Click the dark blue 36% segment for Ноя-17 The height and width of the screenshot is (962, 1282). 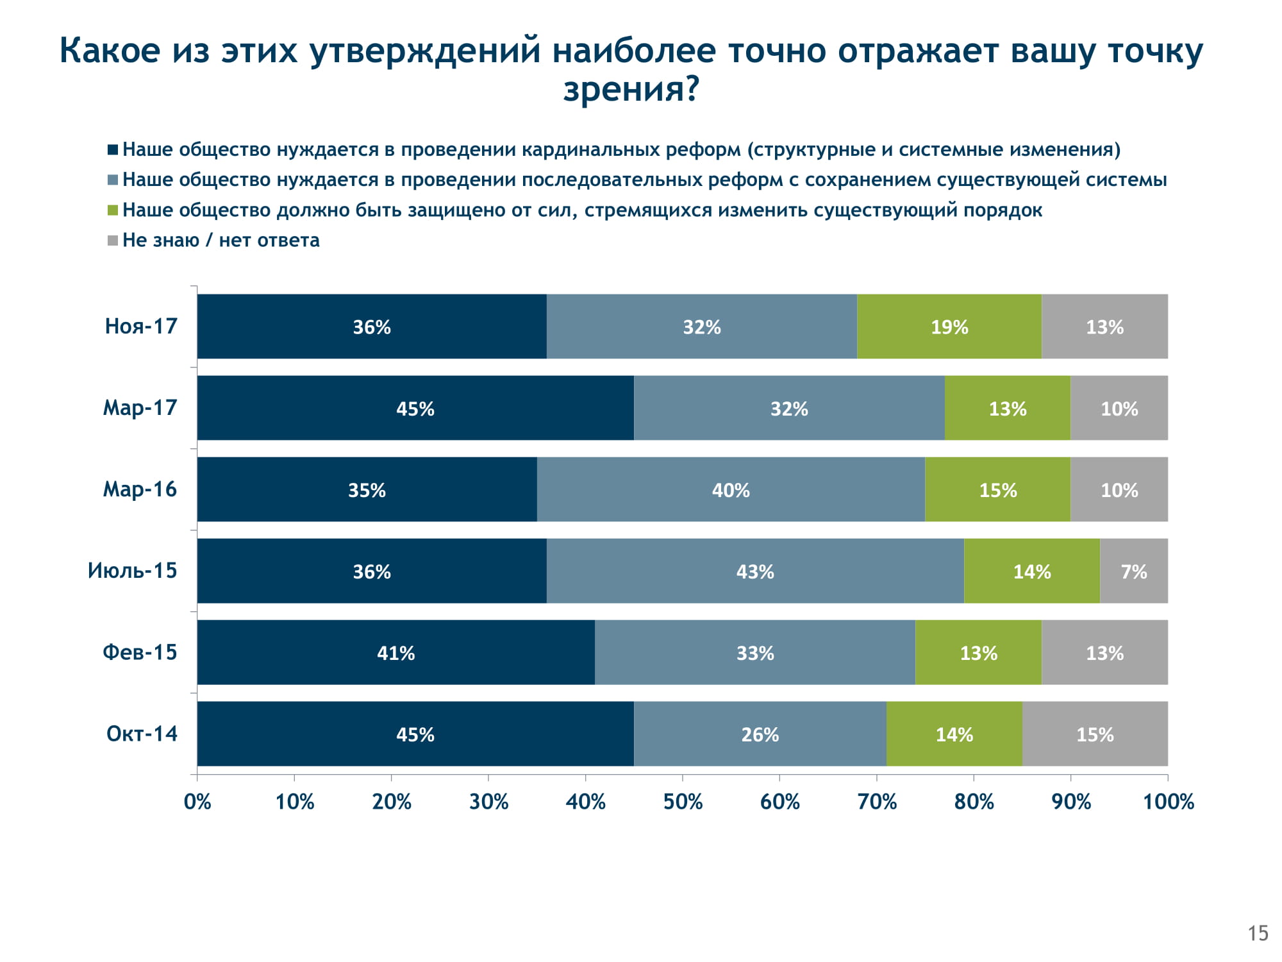[x=372, y=326]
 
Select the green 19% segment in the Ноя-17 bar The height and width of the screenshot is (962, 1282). [x=949, y=326]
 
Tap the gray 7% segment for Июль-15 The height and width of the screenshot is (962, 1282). [x=1133, y=571]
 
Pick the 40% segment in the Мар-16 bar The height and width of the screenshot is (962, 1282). [x=731, y=489]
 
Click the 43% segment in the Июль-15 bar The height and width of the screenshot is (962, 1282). [x=755, y=571]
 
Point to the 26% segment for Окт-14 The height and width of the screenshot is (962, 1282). [x=760, y=734]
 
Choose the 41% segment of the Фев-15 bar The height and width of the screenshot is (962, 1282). [x=395, y=652]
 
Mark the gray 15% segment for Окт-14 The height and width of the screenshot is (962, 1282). [x=1095, y=734]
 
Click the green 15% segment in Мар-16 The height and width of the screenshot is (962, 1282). [x=997, y=489]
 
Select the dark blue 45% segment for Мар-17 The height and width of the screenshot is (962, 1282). [x=415, y=408]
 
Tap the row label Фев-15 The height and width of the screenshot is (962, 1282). [x=140, y=652]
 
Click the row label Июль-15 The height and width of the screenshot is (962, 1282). [x=132, y=571]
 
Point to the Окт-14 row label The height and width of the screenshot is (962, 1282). [x=142, y=734]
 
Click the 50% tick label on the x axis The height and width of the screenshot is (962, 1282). [x=683, y=802]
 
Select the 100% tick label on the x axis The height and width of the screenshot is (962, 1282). [x=1168, y=802]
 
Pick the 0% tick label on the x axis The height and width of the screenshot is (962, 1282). [x=197, y=802]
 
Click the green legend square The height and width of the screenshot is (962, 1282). [x=113, y=210]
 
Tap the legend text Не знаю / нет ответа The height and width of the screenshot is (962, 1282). [x=221, y=240]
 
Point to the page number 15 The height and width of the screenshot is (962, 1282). [x=1258, y=933]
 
